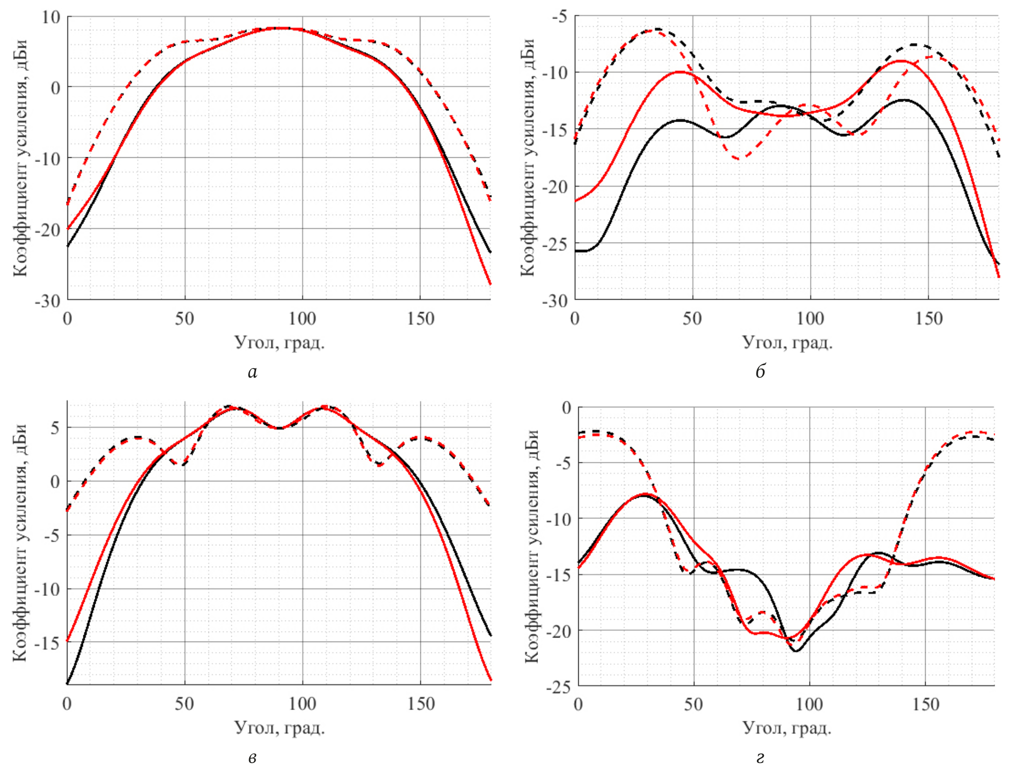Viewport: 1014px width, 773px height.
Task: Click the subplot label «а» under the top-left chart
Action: pyautogui.click(x=253, y=372)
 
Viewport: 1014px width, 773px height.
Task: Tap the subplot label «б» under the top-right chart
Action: pyautogui.click(x=760, y=372)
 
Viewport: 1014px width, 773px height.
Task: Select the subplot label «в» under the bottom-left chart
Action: pyautogui.click(x=253, y=757)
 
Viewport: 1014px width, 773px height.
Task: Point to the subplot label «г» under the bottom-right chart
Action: pyautogui.click(x=760, y=757)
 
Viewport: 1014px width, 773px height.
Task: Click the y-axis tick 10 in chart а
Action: pyautogui.click(x=51, y=17)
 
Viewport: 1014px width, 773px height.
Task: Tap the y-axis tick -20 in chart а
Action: pyautogui.click(x=47, y=230)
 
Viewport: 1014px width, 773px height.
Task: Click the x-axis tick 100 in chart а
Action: pyautogui.click(x=302, y=319)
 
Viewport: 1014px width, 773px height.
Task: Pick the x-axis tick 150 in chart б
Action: pyautogui.click(x=928, y=319)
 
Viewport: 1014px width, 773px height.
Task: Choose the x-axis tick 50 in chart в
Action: pyautogui.click(x=185, y=704)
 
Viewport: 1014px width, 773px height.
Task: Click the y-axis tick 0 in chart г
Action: pyautogui.click(x=566, y=408)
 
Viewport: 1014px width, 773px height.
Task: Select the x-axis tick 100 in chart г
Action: pyautogui.click(x=810, y=705)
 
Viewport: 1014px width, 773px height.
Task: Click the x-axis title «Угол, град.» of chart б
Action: pyautogui.click(x=787, y=342)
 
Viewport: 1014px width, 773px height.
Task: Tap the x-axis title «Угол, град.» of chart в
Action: pyautogui.click(x=279, y=728)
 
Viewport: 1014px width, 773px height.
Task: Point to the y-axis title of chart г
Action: pyautogui.click(x=532, y=546)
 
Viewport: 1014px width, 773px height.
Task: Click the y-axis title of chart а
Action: pyautogui.click(x=20, y=158)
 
